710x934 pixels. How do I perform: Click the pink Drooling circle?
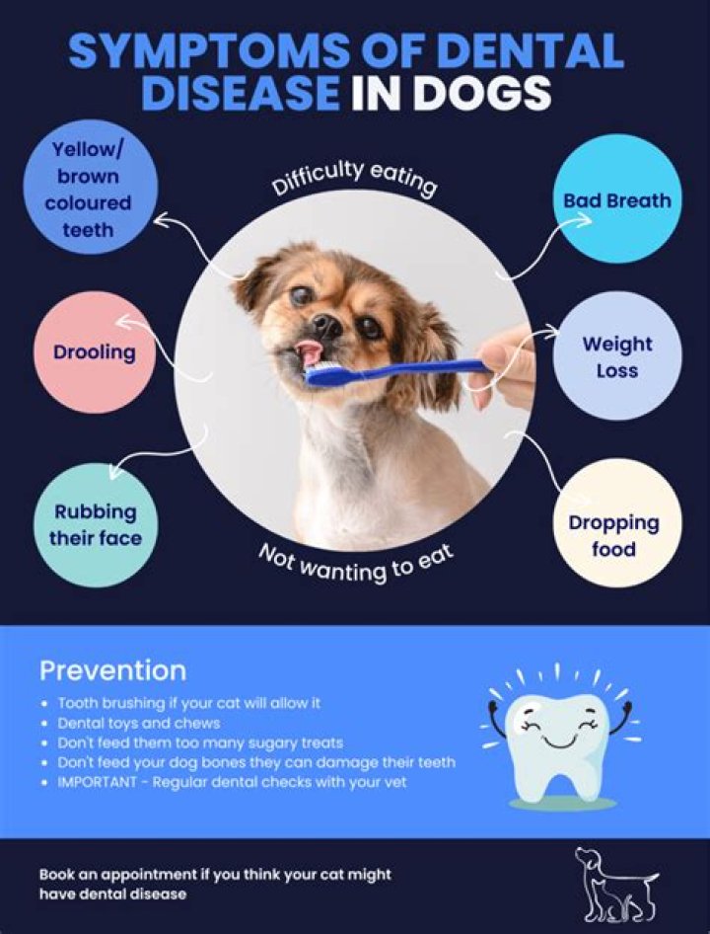click(95, 351)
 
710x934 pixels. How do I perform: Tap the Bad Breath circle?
click(616, 200)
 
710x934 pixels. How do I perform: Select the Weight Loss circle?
click(616, 357)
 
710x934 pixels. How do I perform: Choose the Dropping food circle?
click(613, 535)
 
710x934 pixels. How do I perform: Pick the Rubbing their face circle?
click(97, 525)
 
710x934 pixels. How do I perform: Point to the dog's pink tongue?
click(310, 352)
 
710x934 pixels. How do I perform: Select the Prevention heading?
click(112, 671)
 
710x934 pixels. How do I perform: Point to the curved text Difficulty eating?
click(353, 180)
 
